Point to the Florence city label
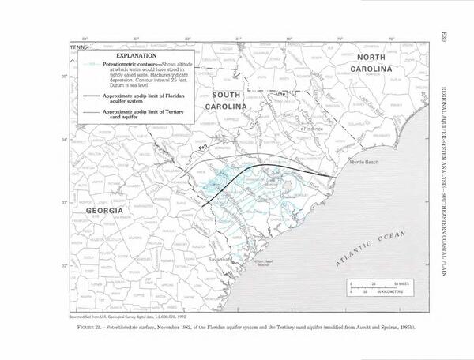pos(314,128)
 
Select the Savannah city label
pos(220,258)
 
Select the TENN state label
pos(76,47)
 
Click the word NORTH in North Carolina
pos(376,58)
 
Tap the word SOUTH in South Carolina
pos(226,94)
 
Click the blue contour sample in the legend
pos(88,65)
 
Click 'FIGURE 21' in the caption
pos(87,326)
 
